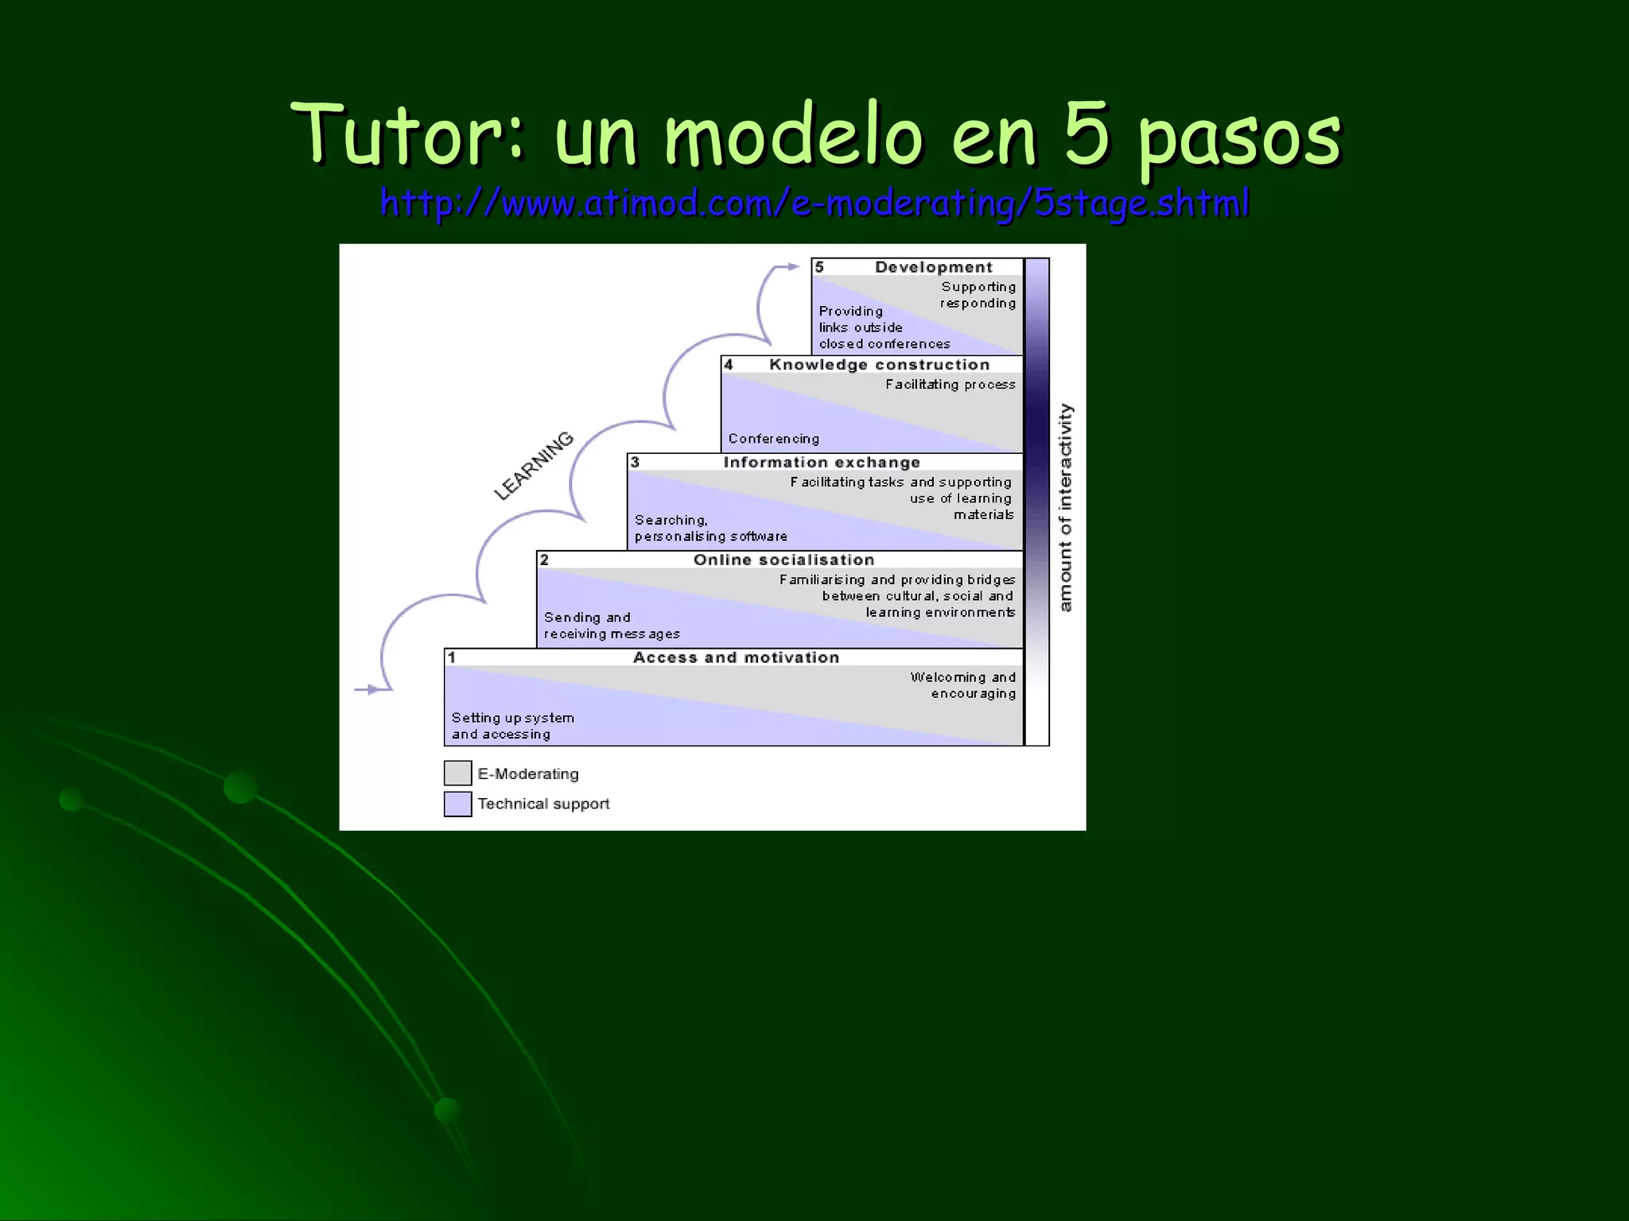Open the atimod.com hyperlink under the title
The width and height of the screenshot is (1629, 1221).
pos(814,203)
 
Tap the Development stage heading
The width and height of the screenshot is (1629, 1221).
pos(933,267)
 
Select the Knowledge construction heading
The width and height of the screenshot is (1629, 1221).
pos(879,365)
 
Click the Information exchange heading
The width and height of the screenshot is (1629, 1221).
pos(822,463)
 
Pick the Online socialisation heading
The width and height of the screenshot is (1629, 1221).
pos(783,560)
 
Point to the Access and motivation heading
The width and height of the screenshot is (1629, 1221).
pos(736,658)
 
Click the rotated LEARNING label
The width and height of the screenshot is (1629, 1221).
pos(534,466)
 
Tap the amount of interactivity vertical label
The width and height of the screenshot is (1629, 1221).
pos(1066,507)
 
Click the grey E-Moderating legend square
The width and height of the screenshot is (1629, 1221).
pos(457,773)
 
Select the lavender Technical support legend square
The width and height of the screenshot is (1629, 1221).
pos(457,804)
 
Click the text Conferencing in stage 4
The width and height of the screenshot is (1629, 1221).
pos(773,439)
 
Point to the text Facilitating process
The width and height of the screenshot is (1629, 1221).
pos(950,385)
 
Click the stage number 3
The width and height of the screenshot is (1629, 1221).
pos(635,462)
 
